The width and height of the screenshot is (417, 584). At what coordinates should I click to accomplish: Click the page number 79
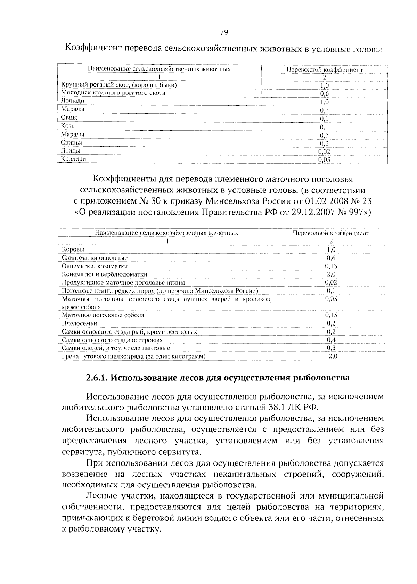(x=224, y=33)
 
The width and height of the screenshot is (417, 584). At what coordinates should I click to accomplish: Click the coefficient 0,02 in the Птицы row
(x=324, y=152)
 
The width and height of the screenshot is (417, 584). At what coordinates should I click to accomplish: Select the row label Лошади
(x=73, y=101)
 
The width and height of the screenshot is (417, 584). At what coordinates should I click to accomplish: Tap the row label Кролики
(x=73, y=159)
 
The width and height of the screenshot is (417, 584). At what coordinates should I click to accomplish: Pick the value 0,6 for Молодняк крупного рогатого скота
(x=324, y=93)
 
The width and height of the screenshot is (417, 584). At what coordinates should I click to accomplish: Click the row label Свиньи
(x=72, y=143)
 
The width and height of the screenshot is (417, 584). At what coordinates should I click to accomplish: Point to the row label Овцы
(x=69, y=117)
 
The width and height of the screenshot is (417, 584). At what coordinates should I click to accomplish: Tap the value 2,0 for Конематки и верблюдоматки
(x=331, y=274)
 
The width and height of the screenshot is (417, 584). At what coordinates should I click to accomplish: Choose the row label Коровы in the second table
(x=73, y=249)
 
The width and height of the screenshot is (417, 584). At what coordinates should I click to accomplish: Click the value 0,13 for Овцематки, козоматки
(x=331, y=266)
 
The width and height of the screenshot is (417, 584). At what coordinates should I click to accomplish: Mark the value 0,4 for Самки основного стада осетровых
(x=331, y=340)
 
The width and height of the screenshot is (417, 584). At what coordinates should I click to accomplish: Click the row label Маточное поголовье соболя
(x=103, y=315)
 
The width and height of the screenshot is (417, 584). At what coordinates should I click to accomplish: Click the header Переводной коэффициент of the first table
(x=324, y=69)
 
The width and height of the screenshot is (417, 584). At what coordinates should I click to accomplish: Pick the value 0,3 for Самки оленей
(x=331, y=348)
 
